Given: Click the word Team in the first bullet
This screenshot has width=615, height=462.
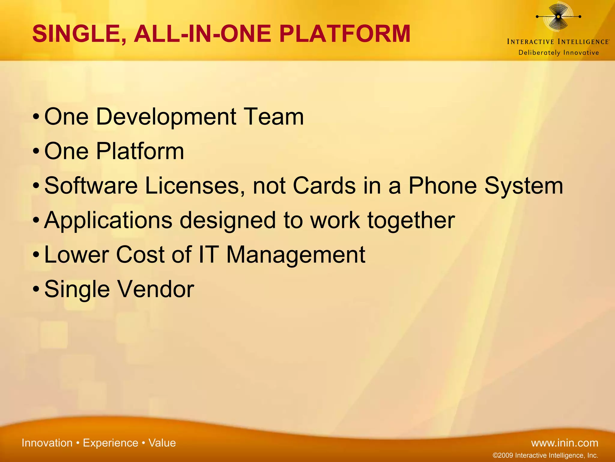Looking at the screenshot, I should point(274,117).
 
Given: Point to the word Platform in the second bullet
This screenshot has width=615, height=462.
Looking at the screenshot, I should point(140,151).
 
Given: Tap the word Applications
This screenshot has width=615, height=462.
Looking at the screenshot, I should point(108,220).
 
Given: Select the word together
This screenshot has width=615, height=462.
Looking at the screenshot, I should point(411,220).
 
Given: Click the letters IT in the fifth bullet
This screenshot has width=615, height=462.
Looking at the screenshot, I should point(208,255).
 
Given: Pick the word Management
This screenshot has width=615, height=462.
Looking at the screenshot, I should point(295,255).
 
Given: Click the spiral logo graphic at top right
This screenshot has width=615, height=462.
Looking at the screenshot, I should point(558,17).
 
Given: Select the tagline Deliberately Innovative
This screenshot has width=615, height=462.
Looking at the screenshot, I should point(559,53).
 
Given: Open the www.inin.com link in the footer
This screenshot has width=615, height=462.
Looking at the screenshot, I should point(565,443).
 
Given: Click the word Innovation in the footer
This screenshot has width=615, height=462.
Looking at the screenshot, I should point(47,443).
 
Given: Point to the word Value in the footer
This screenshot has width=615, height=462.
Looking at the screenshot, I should point(162,443).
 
